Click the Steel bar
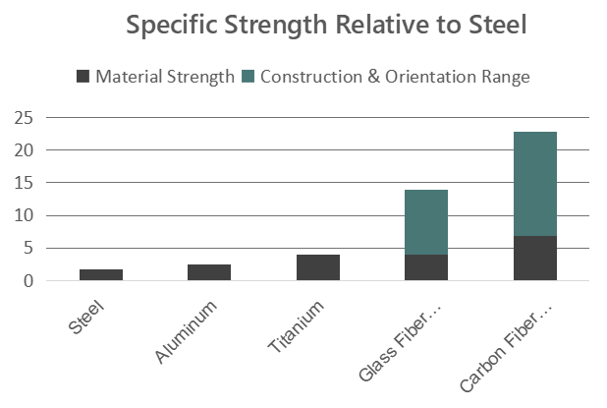coord(101,274)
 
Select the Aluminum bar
coord(209,272)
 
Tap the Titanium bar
coord(317,267)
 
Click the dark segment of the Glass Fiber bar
coord(426,267)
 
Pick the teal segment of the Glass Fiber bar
coord(426,222)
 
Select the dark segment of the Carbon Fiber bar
coord(534,258)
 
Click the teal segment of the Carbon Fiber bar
coord(534,184)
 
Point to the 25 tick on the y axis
coord(25,118)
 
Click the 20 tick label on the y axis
coord(25,150)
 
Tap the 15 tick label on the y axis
coord(25,183)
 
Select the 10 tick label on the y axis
coord(25,215)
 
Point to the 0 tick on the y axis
coord(29,281)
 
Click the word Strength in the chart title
coord(296,25)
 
